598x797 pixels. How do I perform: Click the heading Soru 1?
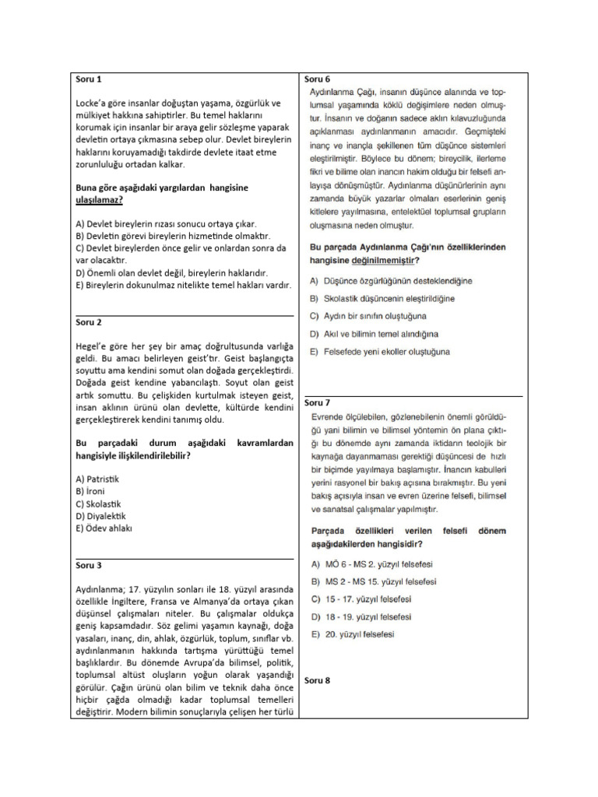coord(88,79)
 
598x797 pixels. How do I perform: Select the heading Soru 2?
coord(88,322)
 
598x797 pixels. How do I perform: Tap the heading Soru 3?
coord(88,565)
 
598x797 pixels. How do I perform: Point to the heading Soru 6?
coord(317,79)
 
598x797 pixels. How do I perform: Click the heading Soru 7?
coord(317,402)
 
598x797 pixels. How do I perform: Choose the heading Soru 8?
coord(317,680)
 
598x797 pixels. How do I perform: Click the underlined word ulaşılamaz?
coord(99,200)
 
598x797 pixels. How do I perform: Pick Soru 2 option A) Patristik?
coord(97,479)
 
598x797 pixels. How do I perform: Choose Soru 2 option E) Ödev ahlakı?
coord(104,528)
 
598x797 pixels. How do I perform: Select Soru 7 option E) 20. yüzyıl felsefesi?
coord(352,634)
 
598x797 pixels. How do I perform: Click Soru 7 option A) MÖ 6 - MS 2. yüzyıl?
coord(366,563)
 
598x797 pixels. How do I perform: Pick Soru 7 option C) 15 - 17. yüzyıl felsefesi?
coord(361,599)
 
